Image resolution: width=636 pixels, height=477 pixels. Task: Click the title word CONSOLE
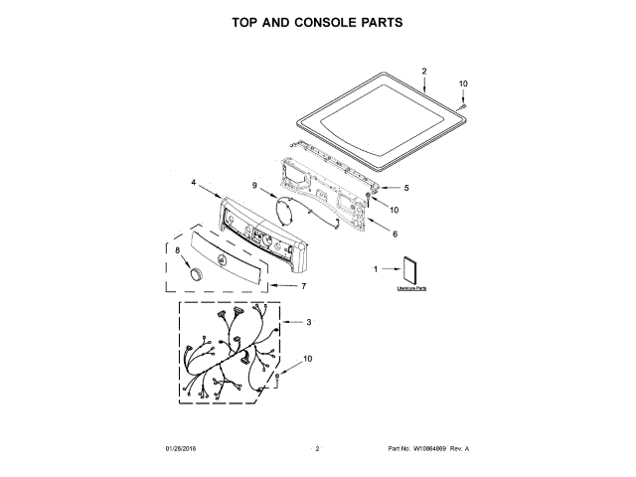tap(310, 21)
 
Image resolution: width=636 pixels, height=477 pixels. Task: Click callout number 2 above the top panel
tap(423, 72)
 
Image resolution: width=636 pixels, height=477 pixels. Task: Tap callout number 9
tap(254, 186)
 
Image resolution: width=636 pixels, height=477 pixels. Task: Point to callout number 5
tap(405, 188)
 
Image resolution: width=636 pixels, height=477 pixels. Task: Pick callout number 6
tap(395, 235)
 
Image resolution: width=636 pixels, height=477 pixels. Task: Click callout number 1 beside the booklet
tap(376, 269)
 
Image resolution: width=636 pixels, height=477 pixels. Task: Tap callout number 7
tap(303, 286)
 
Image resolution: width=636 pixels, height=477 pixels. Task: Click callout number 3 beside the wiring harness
tap(308, 322)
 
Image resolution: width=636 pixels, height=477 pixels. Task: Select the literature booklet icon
tap(409, 270)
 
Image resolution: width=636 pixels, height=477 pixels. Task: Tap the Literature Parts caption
tap(410, 288)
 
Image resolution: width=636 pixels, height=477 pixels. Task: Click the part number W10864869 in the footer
tap(428, 450)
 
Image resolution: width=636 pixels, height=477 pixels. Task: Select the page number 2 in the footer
tap(317, 450)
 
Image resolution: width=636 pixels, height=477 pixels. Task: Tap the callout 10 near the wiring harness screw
tap(307, 358)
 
